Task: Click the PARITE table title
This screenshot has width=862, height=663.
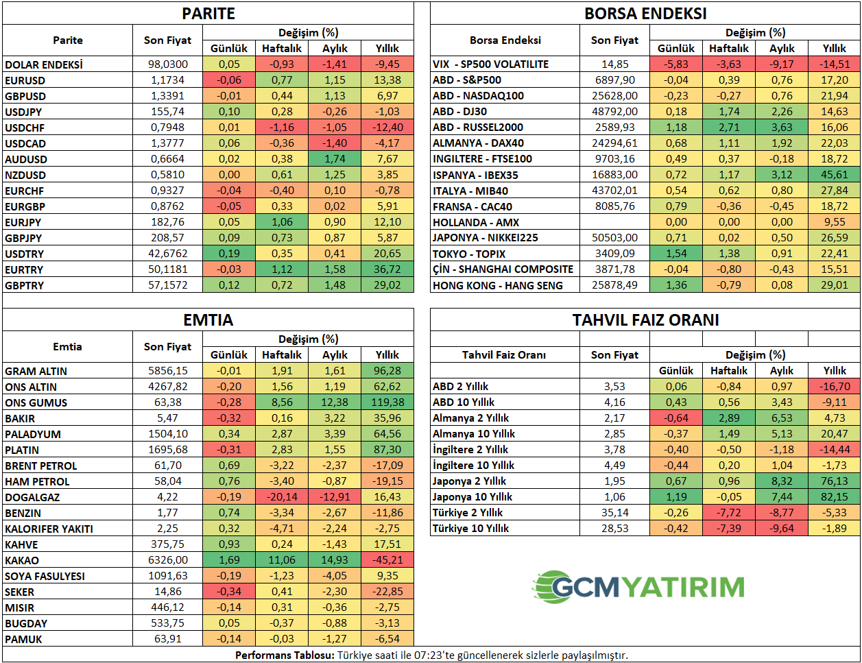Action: pyautogui.click(x=208, y=14)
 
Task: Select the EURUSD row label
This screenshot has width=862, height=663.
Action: pyautogui.click(x=25, y=80)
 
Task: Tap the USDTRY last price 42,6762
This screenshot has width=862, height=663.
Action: pyautogui.click(x=168, y=254)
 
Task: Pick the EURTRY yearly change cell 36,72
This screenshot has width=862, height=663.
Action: pyautogui.click(x=387, y=269)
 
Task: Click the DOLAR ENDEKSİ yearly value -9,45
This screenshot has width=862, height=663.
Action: pyautogui.click(x=387, y=64)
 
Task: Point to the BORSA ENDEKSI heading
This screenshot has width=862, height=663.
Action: pyautogui.click(x=645, y=14)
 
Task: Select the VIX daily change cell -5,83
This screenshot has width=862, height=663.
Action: pyautogui.click(x=676, y=64)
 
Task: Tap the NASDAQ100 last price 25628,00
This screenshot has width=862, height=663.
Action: pyautogui.click(x=614, y=96)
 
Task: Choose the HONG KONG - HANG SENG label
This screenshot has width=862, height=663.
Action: pyautogui.click(x=498, y=285)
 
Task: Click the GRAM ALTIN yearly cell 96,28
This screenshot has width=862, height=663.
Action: pyautogui.click(x=387, y=371)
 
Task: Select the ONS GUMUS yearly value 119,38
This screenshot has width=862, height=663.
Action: pyautogui.click(x=387, y=402)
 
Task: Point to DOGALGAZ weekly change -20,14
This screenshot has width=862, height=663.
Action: pyautogui.click(x=282, y=497)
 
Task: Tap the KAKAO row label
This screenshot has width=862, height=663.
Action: pyautogui.click(x=22, y=560)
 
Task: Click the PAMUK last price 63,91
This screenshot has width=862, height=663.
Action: pyautogui.click(x=168, y=639)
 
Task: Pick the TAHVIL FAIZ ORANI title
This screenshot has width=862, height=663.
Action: pyautogui.click(x=645, y=320)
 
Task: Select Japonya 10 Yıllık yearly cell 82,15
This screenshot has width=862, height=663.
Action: pyautogui.click(x=834, y=497)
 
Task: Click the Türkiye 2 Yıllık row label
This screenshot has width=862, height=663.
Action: pyautogui.click(x=467, y=513)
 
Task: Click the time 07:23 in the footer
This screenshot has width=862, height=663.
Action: pyautogui.click(x=427, y=655)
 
